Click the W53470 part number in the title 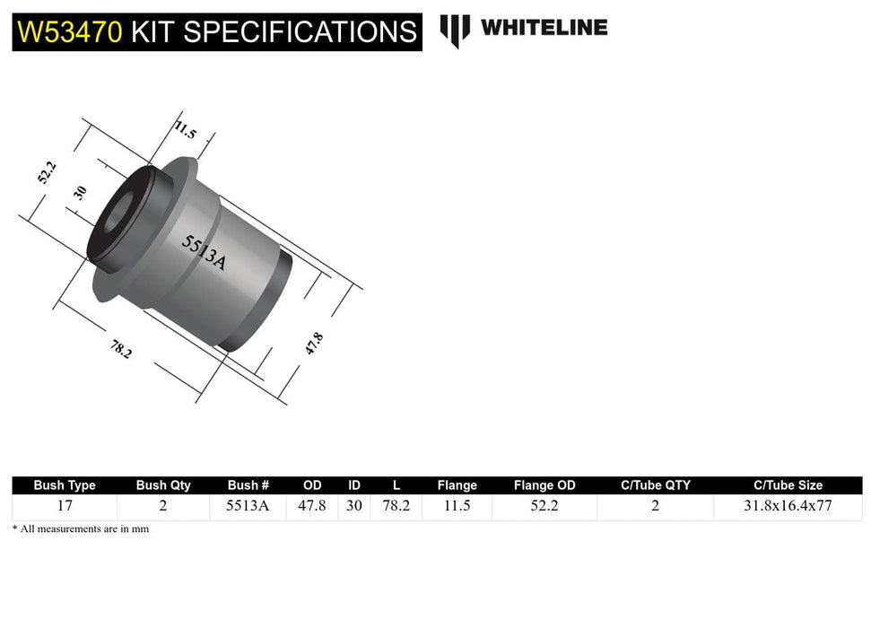tap(68, 31)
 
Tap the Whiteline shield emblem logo tap(455, 30)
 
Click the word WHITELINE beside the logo tap(544, 28)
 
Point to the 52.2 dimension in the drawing tap(48, 170)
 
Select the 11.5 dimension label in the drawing tap(185, 130)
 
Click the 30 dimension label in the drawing tap(80, 192)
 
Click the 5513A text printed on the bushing tap(204, 252)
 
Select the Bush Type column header tap(65, 485)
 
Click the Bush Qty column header tap(163, 485)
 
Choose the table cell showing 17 tap(65, 505)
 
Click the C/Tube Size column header tap(788, 485)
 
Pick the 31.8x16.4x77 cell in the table tap(788, 505)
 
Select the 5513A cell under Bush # tap(248, 505)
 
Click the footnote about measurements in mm tap(81, 529)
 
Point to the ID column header tap(354, 485)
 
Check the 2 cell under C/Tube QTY tap(655, 505)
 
